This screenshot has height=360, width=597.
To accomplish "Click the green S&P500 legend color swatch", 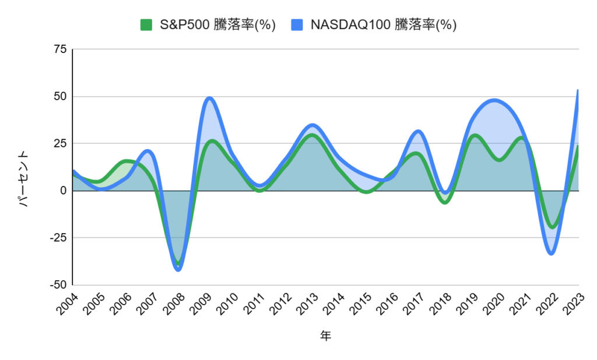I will coord(146,25).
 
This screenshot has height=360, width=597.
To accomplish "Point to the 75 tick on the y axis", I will coord(60,50).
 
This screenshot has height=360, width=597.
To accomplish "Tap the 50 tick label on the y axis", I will coord(60,97).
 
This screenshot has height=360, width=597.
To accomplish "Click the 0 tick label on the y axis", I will coord(64,190).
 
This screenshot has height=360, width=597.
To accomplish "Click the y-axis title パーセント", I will coord(24,179).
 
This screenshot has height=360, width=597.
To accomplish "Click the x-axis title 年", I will coord(325,336).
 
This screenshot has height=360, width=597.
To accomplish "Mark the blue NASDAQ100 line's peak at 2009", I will coord(209,98).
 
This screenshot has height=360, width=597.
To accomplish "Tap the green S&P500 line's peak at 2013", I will coord(312,136).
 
